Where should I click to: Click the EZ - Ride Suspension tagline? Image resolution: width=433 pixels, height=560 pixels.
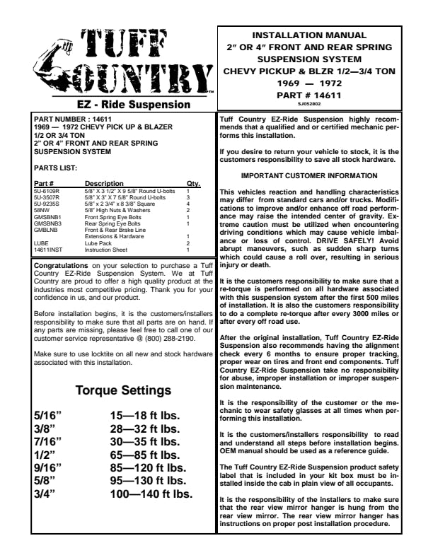click(123, 104)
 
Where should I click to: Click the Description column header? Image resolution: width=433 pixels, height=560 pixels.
click(104, 184)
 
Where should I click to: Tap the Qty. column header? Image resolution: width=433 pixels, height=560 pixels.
click(193, 184)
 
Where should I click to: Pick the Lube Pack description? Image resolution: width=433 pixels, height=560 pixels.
click(99, 243)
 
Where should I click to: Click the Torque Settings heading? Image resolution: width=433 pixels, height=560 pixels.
click(123, 391)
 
